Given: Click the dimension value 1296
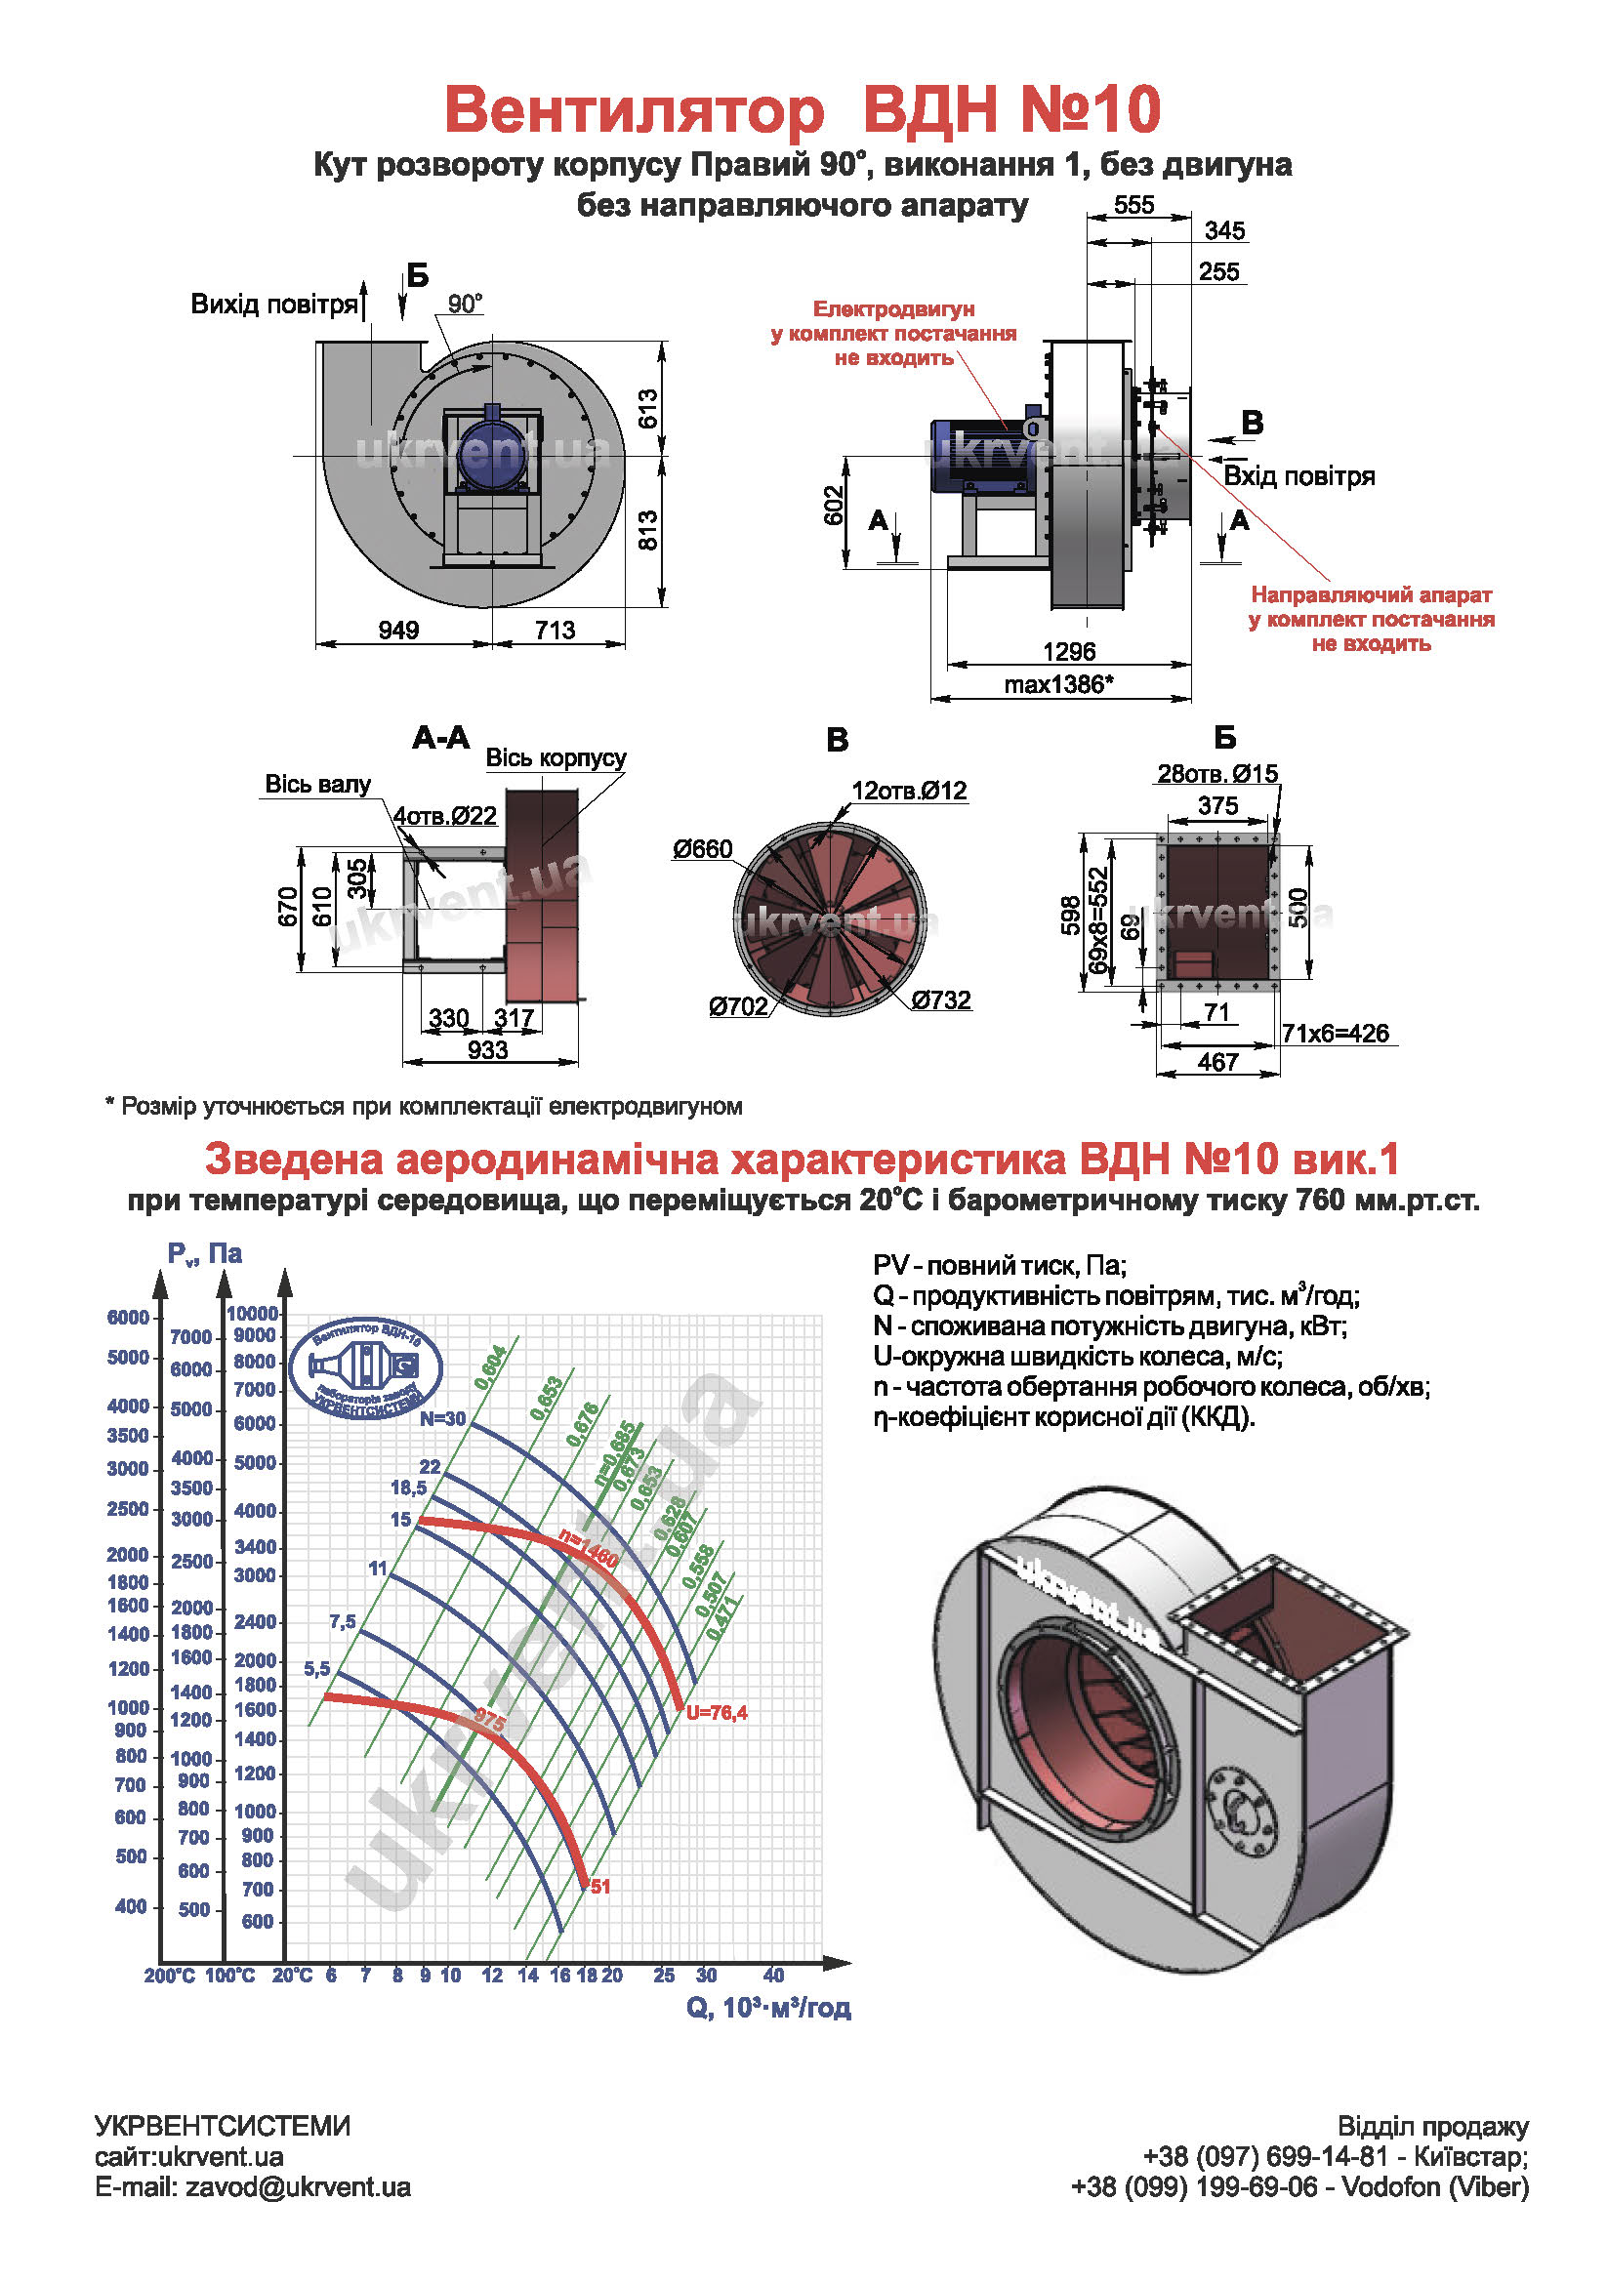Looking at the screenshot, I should pyautogui.click(x=1068, y=651).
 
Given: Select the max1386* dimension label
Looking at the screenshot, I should pyautogui.click(x=1058, y=684).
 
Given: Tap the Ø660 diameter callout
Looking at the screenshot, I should pyautogui.click(x=702, y=849).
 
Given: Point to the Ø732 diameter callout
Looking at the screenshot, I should pyautogui.click(x=941, y=999).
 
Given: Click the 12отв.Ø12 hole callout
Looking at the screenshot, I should pyautogui.click(x=909, y=791).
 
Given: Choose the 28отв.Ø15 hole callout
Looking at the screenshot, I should pyautogui.click(x=1217, y=774).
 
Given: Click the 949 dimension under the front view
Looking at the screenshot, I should pyautogui.click(x=398, y=630).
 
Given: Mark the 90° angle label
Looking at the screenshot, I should pyautogui.click(x=465, y=305).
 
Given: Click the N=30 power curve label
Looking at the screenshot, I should pyautogui.click(x=441, y=1419).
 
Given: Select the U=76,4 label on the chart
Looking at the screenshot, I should pyautogui.click(x=716, y=1713).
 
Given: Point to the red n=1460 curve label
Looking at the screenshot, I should pyautogui.click(x=589, y=1548).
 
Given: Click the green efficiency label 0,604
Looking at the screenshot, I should pyautogui.click(x=490, y=1367).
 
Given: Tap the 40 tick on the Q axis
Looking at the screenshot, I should pyautogui.click(x=773, y=1976).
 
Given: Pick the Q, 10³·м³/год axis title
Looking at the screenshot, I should pyautogui.click(x=767, y=2008).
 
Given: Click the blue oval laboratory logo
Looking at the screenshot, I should pyautogui.click(x=365, y=1369).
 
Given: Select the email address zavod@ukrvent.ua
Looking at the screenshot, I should pyautogui.click(x=298, y=2186).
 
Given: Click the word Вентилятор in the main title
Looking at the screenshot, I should pyautogui.click(x=634, y=109).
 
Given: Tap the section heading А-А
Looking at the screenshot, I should pyautogui.click(x=440, y=738).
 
